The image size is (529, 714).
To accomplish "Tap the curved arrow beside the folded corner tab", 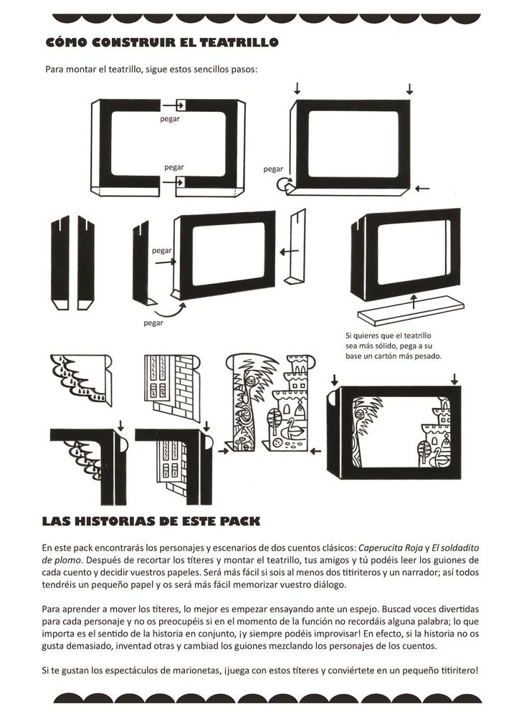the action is pyautogui.click(x=283, y=184).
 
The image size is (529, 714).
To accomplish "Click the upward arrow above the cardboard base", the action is pyautogui.click(x=414, y=301).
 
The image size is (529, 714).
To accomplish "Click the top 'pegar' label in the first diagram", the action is pyautogui.click(x=170, y=119).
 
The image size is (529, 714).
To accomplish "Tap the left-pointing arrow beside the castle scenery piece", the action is pyautogui.click(x=315, y=451).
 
